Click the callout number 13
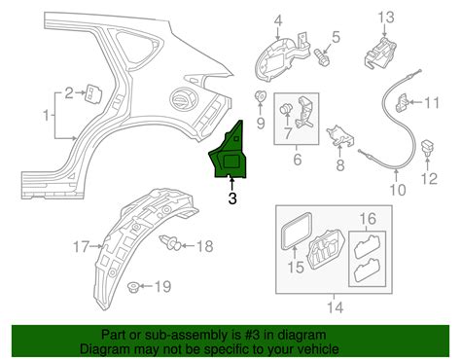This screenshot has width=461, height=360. [386, 17]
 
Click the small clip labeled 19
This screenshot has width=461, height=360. [134, 286]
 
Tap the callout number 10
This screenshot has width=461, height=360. [395, 191]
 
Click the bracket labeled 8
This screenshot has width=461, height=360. [338, 137]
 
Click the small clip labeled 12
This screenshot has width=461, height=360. [430, 153]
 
